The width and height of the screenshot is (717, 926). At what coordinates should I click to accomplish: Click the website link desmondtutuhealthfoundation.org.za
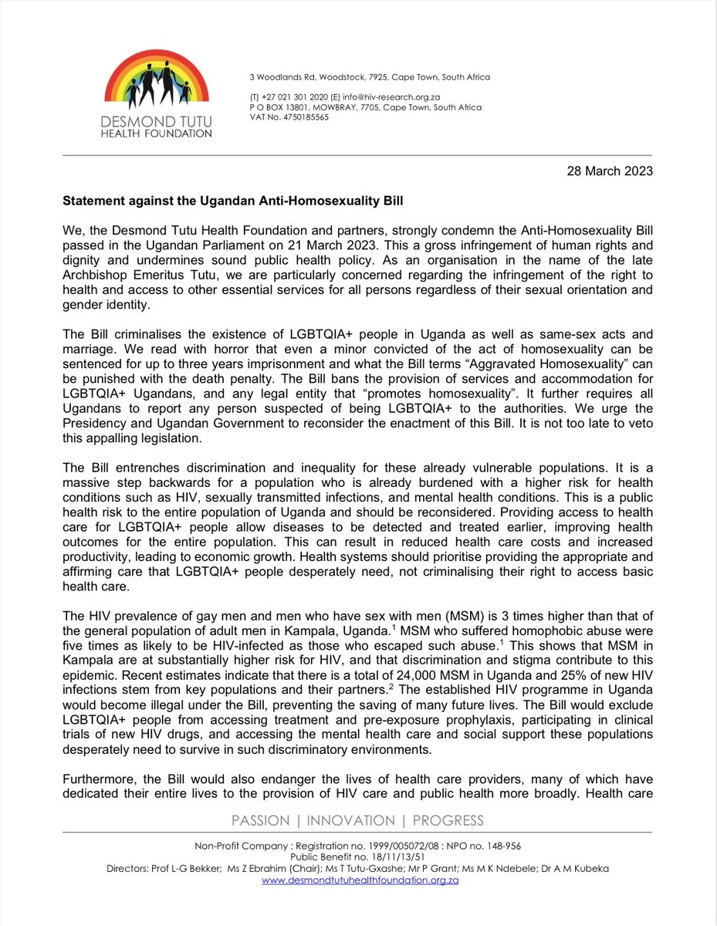pyautogui.click(x=360, y=879)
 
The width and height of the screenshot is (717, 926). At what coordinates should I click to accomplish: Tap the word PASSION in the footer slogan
pyautogui.click(x=260, y=820)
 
